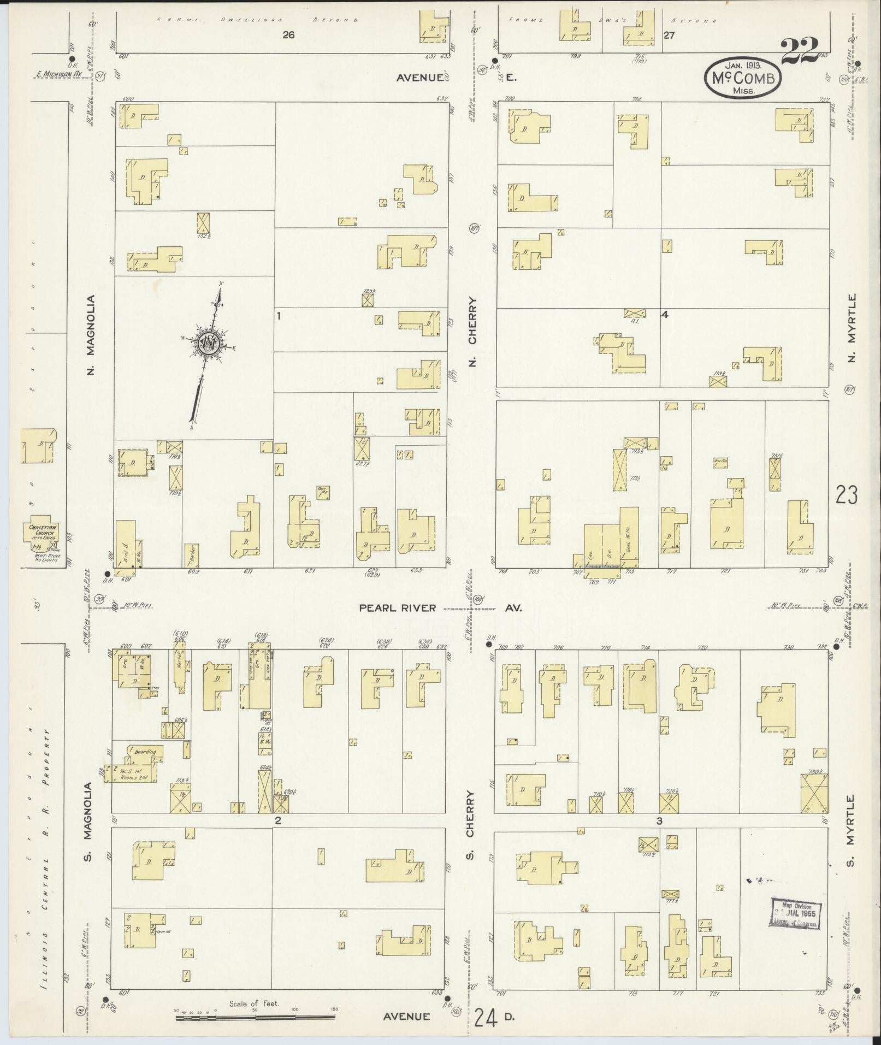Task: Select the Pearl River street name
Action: tap(397, 608)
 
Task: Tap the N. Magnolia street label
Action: tap(91, 334)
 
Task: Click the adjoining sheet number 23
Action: tap(846, 495)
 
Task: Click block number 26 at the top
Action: tap(288, 36)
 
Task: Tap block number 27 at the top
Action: tap(669, 36)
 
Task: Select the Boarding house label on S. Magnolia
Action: tap(145, 752)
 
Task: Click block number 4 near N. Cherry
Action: tap(665, 315)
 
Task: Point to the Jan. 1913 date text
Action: tap(741, 64)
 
